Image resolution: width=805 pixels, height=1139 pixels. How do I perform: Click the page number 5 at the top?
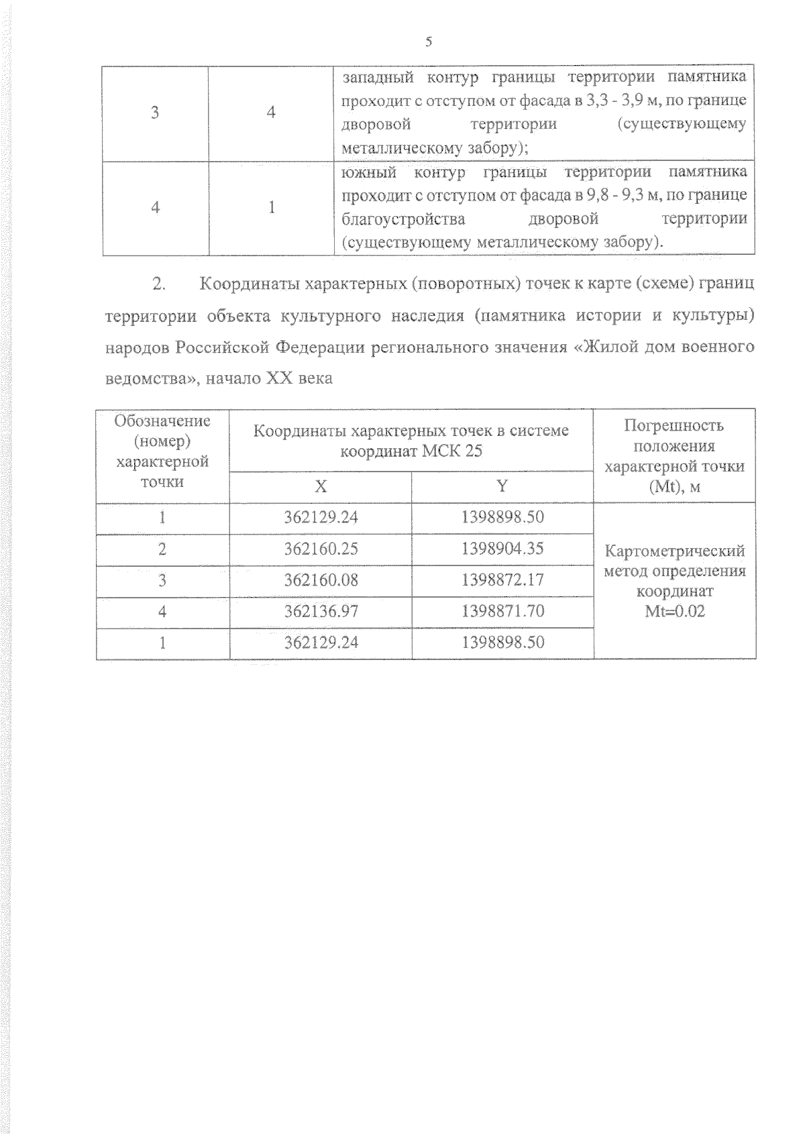pyautogui.click(x=429, y=42)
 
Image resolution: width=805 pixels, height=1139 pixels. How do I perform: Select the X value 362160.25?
pyautogui.click(x=321, y=549)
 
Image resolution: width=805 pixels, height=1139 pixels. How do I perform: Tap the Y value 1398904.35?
pyautogui.click(x=502, y=549)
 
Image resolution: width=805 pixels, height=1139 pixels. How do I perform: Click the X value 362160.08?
pyautogui.click(x=321, y=580)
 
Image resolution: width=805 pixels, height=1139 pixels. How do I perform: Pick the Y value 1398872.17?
pyautogui.click(x=502, y=580)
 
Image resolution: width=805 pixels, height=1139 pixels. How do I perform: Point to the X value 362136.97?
pyautogui.click(x=321, y=611)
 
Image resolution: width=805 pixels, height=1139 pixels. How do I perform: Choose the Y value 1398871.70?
pyautogui.click(x=502, y=611)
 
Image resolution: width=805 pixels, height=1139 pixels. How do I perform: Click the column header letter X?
pyautogui.click(x=321, y=486)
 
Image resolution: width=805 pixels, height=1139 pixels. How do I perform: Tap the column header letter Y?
pyautogui.click(x=502, y=486)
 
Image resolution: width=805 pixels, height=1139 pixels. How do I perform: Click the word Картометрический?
pyautogui.click(x=674, y=551)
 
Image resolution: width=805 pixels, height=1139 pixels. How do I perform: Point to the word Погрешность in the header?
pyautogui.click(x=674, y=425)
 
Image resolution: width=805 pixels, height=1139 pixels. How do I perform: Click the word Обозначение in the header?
pyautogui.click(x=162, y=421)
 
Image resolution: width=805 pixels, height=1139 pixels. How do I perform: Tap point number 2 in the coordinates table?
pyautogui.click(x=162, y=549)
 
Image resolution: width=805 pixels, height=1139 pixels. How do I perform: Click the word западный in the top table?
pyautogui.click(x=376, y=77)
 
